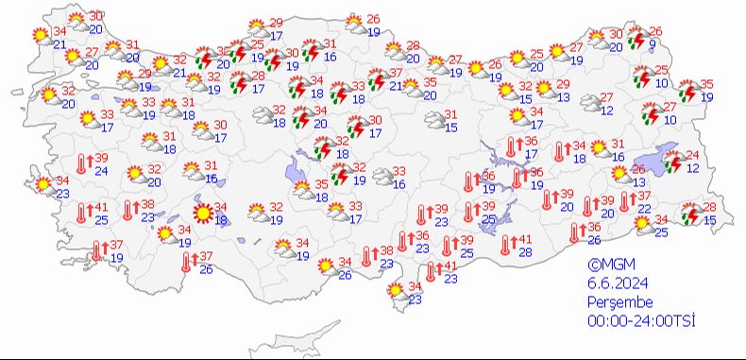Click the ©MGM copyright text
click(x=605, y=266)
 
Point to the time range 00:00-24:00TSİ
click(x=641, y=322)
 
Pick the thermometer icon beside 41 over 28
click(x=505, y=245)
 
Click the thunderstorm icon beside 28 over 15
click(x=692, y=214)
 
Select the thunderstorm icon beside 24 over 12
click(x=673, y=163)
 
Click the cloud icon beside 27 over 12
click(x=587, y=103)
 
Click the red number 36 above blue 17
click(x=531, y=141)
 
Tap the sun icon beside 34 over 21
click(x=41, y=37)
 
